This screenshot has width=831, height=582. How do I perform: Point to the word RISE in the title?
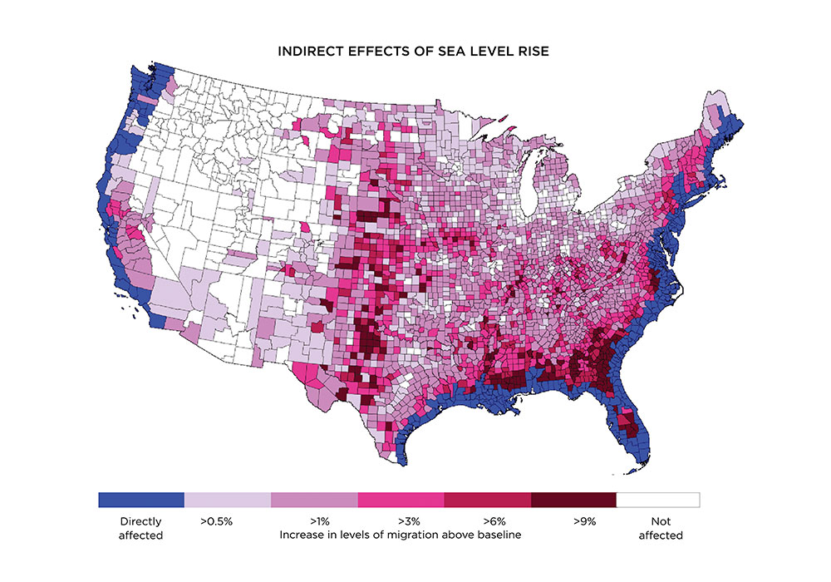click(x=534, y=52)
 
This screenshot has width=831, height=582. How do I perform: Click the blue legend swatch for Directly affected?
click(x=140, y=500)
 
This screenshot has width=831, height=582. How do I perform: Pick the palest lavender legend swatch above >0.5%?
click(x=227, y=500)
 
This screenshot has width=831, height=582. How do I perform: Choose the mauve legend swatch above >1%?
click(x=313, y=500)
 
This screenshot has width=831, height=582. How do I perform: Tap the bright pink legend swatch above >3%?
click(x=400, y=500)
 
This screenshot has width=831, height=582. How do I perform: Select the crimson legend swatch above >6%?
click(x=486, y=500)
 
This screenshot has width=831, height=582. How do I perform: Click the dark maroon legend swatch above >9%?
click(x=573, y=500)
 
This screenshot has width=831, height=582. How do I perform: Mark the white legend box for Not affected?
click(x=659, y=500)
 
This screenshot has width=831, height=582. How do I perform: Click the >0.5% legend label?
click(x=215, y=521)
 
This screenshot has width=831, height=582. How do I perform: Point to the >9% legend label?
click(x=584, y=521)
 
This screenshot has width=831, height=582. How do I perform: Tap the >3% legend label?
click(x=401, y=521)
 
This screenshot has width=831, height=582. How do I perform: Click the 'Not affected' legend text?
click(x=660, y=528)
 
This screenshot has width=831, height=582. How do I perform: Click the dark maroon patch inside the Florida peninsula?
click(x=632, y=430)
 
